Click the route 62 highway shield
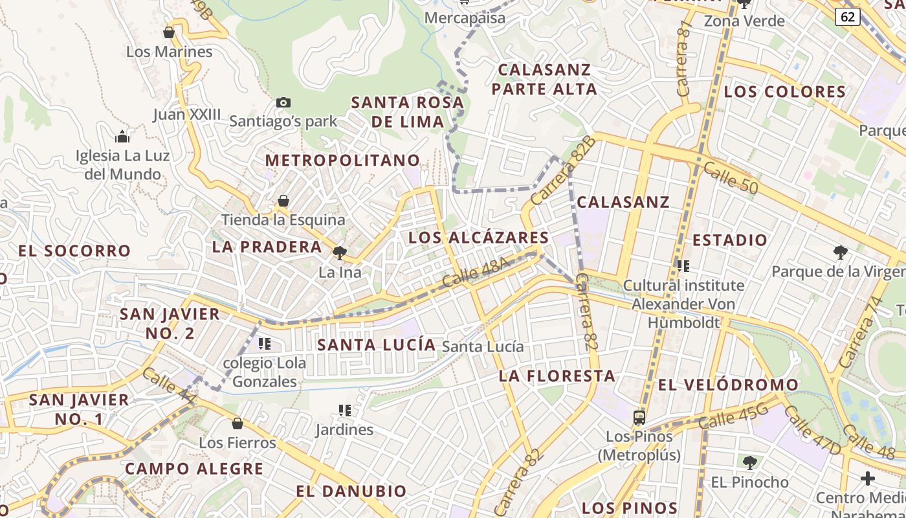(x=847, y=17)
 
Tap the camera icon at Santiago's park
(x=283, y=102)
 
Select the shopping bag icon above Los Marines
(x=169, y=32)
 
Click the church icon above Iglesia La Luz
(x=122, y=137)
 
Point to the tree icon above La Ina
(x=339, y=253)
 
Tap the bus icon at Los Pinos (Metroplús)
(x=639, y=417)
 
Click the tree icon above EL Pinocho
(x=749, y=463)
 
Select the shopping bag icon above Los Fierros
(x=238, y=423)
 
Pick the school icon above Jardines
(x=345, y=410)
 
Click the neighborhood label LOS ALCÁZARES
(x=478, y=238)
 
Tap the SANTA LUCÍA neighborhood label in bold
(x=377, y=345)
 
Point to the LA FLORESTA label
(x=557, y=376)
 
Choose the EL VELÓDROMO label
(x=728, y=385)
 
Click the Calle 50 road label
(x=730, y=177)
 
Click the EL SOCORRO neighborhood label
(x=74, y=251)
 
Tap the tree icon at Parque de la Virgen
(x=840, y=252)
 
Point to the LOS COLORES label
(x=784, y=92)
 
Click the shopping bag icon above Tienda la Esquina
(x=283, y=201)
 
